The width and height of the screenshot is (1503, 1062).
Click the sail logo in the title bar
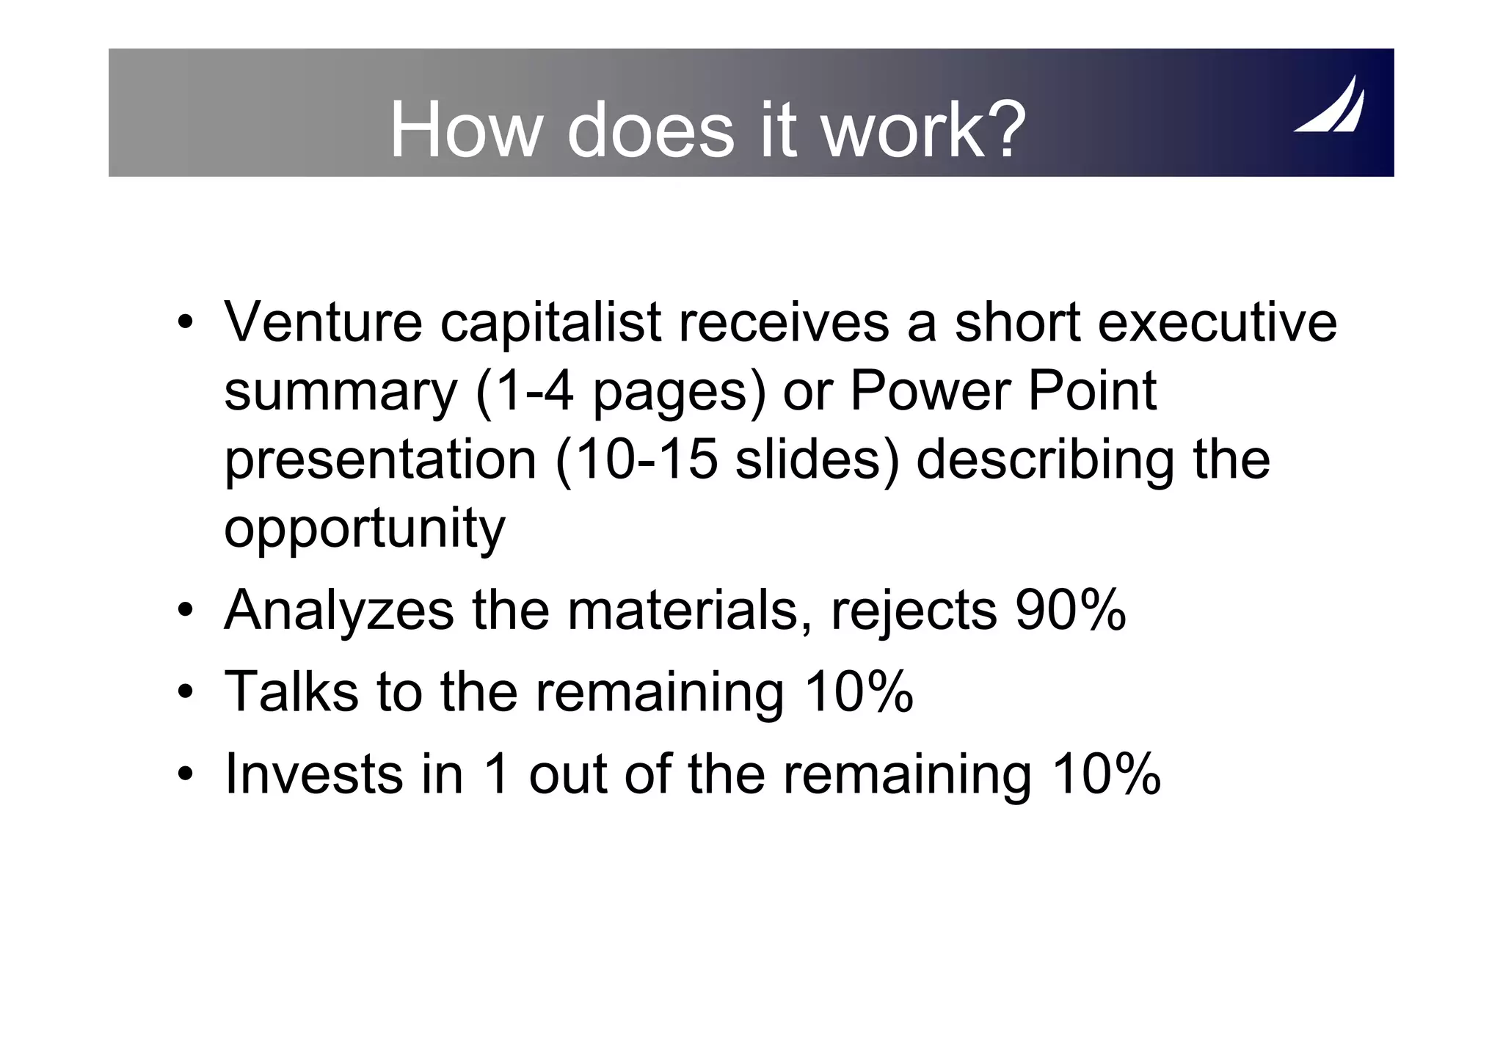click(1329, 106)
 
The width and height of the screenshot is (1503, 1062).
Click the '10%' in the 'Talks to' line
click(859, 691)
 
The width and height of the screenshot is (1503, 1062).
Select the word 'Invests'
click(313, 774)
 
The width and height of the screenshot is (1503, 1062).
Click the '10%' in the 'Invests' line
click(1106, 774)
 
